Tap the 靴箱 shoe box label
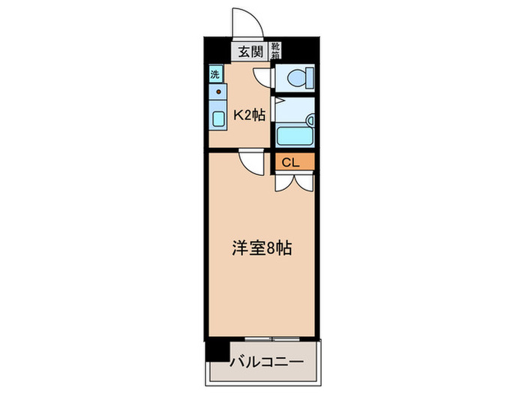pyautogui.click(x=275, y=51)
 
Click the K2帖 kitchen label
pyautogui.click(x=249, y=116)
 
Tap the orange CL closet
pyautogui.click(x=292, y=161)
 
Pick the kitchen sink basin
pyautogui.click(x=218, y=119)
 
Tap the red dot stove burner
pyautogui.click(x=219, y=92)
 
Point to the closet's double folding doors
pyautogui.click(x=292, y=182)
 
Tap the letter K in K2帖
pyautogui.click(x=237, y=116)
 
